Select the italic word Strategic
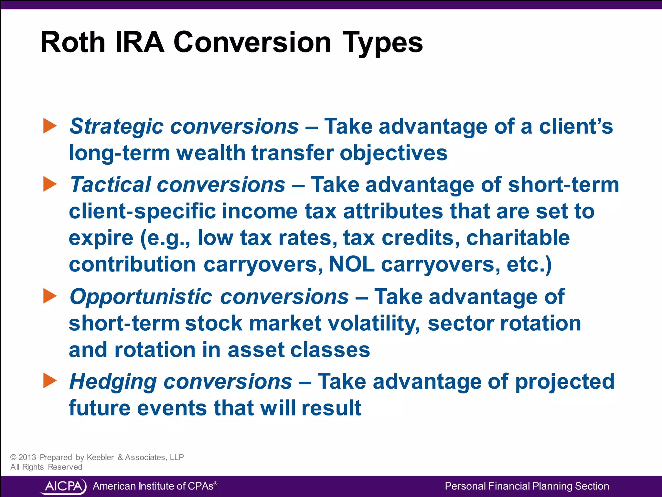point(116,127)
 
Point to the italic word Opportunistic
point(141,297)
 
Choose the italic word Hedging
point(113,382)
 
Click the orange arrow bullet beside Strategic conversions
point(50,126)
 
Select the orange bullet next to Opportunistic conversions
point(50,296)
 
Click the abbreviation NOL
point(352,265)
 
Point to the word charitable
point(518,238)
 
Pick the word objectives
point(393,153)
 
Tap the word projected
point(564,382)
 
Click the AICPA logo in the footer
point(63,486)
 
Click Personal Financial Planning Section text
point(527,486)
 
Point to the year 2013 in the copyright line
point(27,457)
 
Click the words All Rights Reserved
point(46,467)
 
